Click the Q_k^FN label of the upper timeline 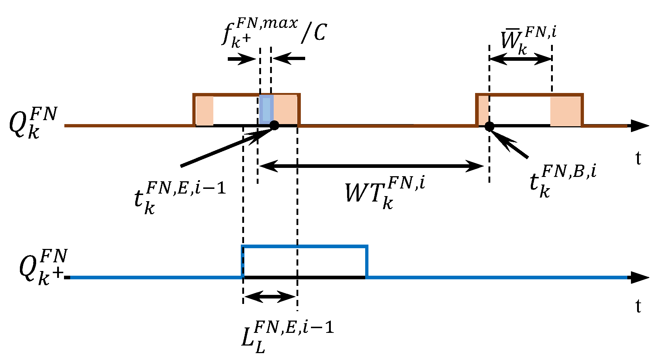point(33,123)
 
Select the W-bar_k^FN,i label point(528,40)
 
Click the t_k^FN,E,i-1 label point(179,197)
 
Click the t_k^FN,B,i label point(562,181)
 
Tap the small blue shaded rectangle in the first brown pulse point(266,110)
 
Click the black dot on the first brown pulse point(274,126)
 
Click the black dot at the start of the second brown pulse point(489,126)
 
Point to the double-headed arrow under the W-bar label point(520,59)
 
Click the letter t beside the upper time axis point(638,158)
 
